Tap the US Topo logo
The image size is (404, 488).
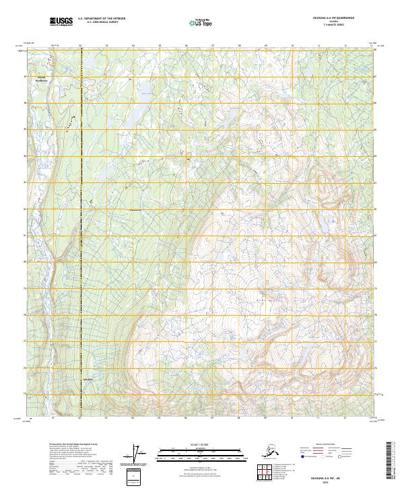pos(196,22)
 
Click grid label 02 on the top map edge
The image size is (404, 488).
pos(80,46)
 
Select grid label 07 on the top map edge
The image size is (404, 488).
pos(213,46)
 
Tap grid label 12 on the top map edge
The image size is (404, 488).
pos(345,46)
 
